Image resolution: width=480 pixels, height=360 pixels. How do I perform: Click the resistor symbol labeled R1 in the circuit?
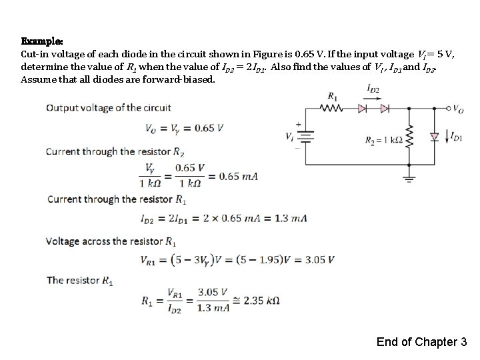point(333,107)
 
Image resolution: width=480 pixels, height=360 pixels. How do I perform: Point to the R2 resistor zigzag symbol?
point(409,140)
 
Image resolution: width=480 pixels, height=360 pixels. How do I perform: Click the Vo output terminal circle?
point(448,107)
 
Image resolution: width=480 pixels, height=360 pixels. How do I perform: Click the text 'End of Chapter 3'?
point(421,342)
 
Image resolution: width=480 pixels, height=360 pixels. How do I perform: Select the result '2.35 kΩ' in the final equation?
point(262,301)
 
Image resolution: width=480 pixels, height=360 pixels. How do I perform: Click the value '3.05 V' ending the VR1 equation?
point(319,259)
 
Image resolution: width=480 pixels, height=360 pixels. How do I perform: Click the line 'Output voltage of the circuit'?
point(109,107)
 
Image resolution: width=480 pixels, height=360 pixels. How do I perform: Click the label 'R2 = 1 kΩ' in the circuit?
point(383,141)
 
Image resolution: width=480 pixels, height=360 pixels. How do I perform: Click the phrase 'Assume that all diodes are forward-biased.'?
point(119,79)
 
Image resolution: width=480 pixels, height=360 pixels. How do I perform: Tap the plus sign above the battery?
point(298,124)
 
